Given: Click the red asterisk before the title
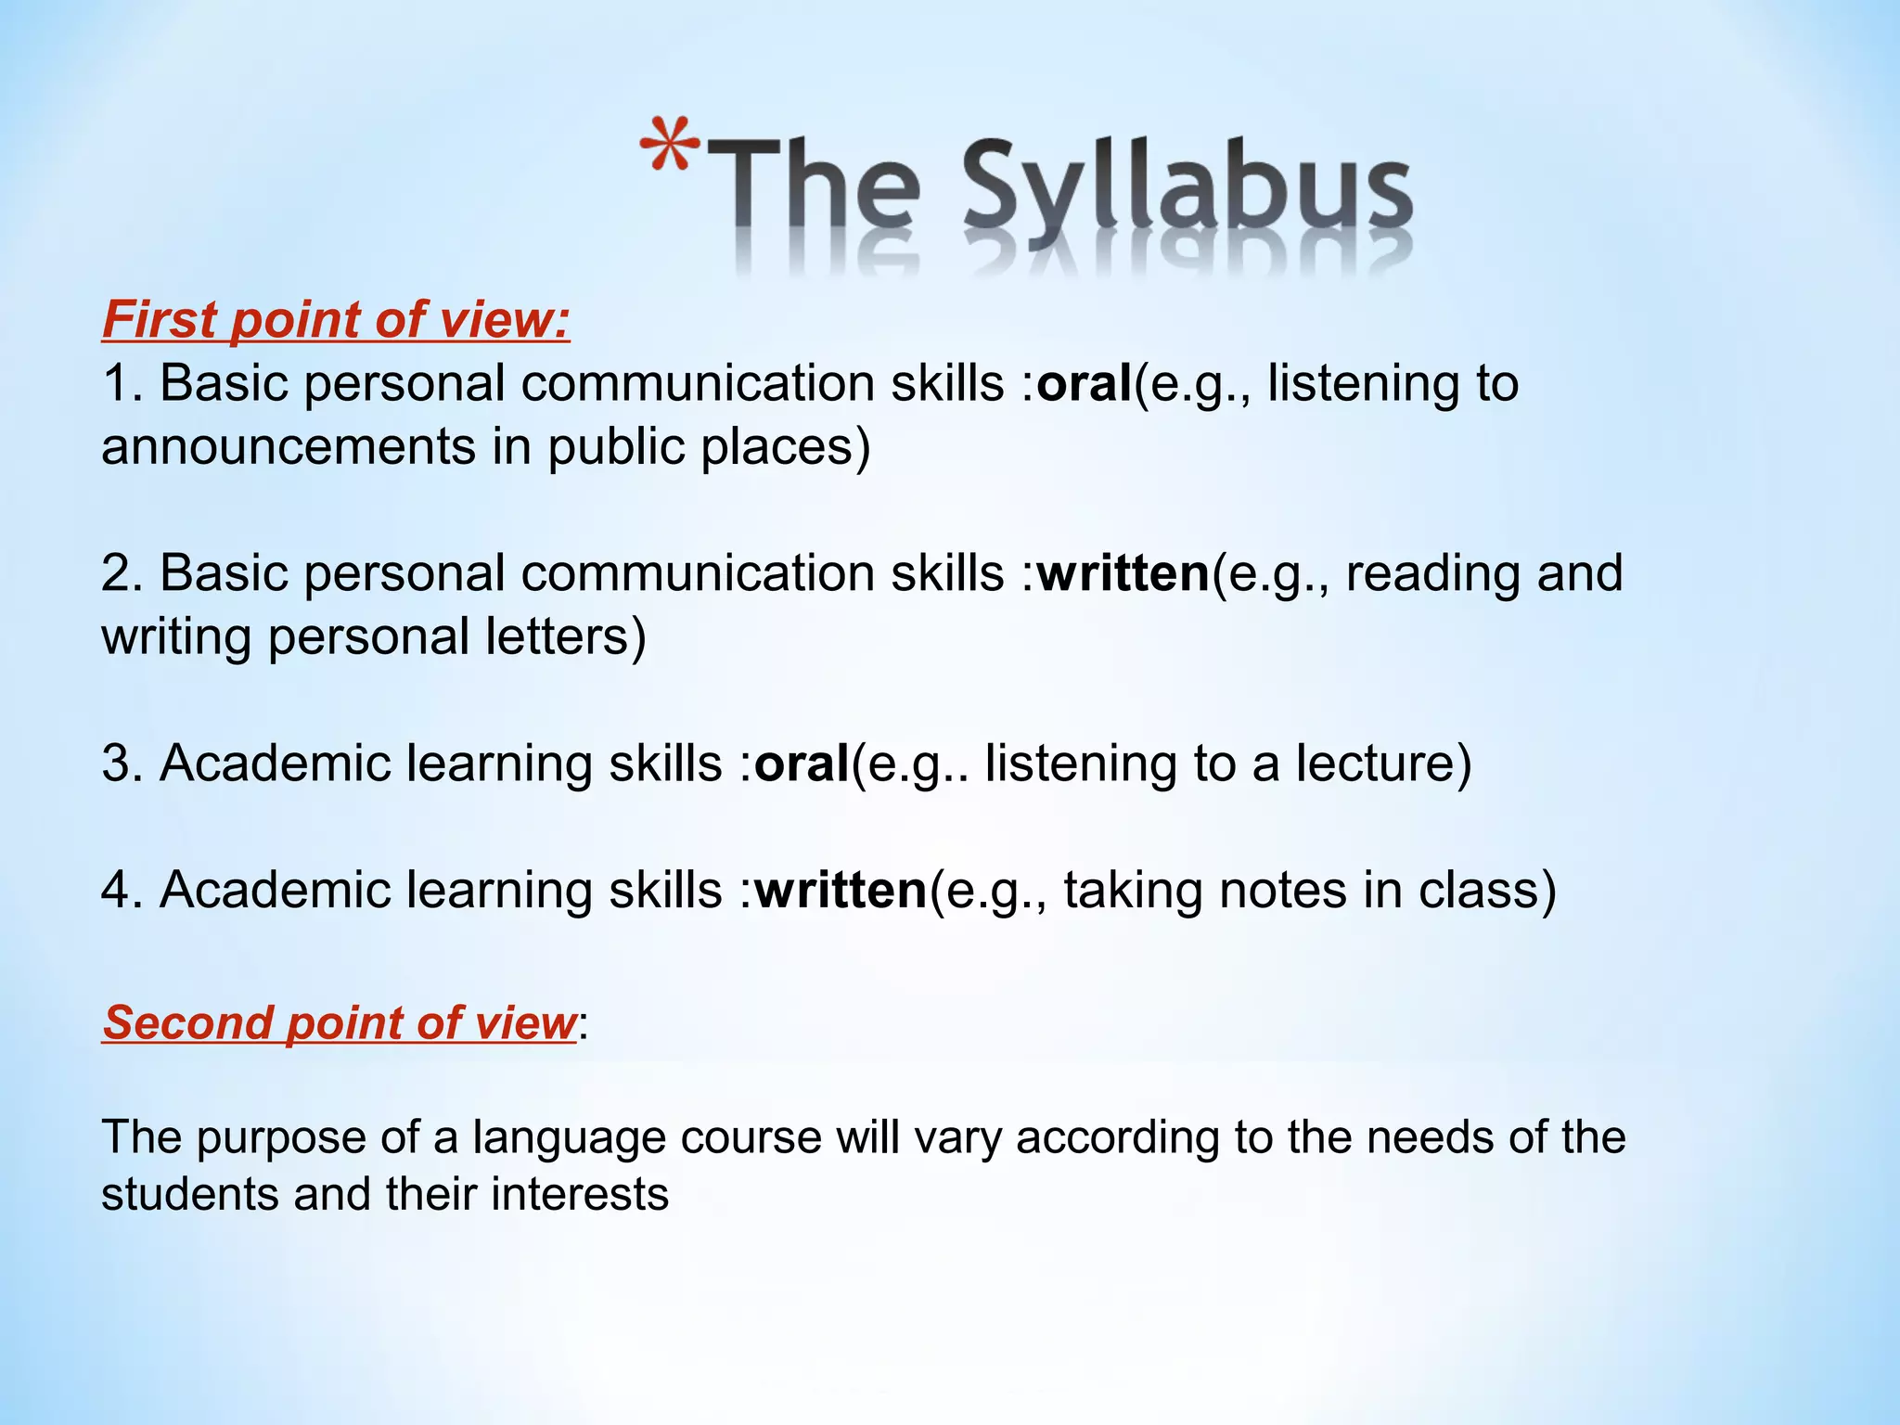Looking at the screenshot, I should [x=669, y=145].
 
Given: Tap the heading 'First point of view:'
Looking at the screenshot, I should [x=336, y=319].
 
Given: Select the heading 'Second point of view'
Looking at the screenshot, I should [x=340, y=1022].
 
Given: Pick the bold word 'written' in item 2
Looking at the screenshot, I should [x=1123, y=573].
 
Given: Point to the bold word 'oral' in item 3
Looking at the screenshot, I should [x=802, y=764].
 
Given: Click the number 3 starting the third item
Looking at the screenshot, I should [x=119, y=764].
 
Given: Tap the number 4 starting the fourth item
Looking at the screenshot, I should [x=119, y=890].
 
